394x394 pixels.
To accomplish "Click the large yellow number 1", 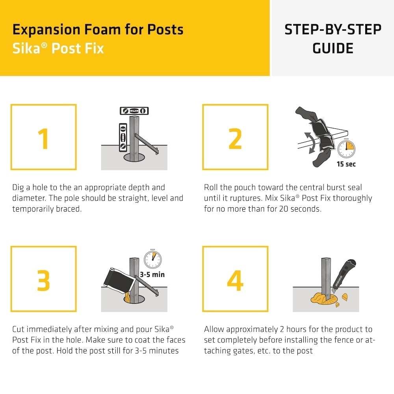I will coord(43,138).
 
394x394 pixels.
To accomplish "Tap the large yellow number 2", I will coord(235,138).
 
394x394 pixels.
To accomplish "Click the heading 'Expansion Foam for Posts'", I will coord(98,30).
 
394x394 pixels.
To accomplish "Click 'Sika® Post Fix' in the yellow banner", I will coord(58,48).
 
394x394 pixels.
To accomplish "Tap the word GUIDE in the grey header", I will coord(333,48).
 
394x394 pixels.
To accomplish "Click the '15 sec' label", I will coord(346,164).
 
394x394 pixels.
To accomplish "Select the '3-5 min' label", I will coord(152,274).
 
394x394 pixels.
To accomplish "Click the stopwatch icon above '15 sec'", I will coord(346,148).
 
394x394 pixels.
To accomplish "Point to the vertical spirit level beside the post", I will coord(123,137).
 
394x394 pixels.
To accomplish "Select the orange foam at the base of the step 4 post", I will coord(321,298).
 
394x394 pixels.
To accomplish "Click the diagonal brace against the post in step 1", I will coord(147,144).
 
